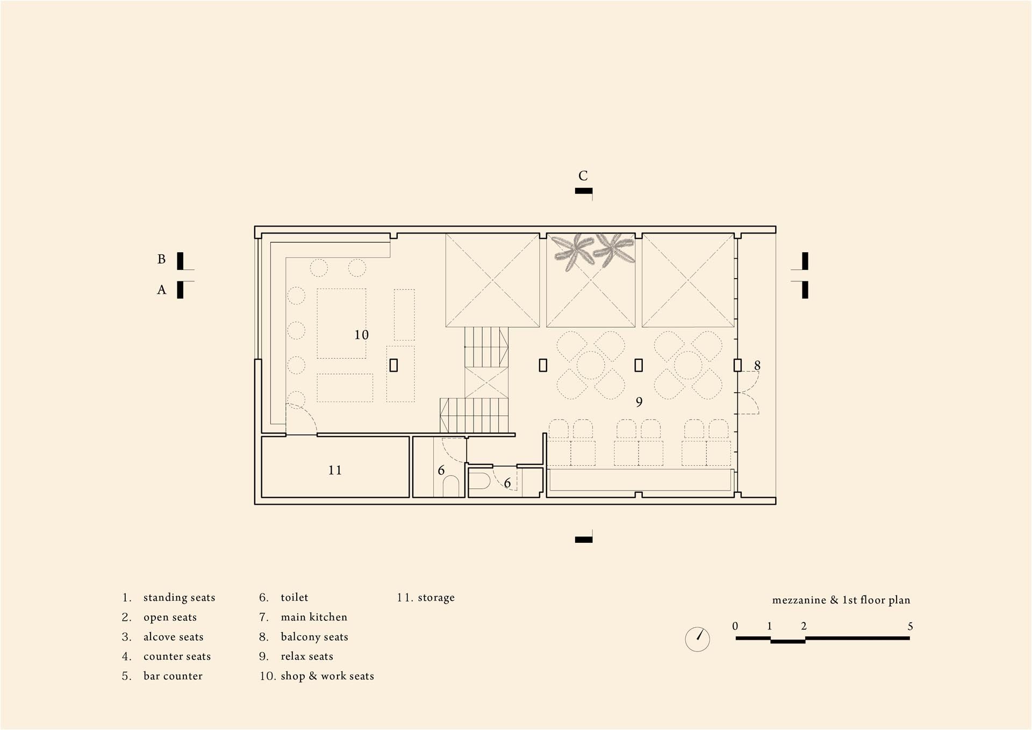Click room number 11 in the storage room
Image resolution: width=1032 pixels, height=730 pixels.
(x=335, y=470)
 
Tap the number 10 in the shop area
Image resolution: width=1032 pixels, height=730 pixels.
(x=361, y=335)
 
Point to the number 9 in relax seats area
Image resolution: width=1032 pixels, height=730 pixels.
(x=639, y=402)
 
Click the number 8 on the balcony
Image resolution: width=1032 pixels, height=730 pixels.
(x=757, y=365)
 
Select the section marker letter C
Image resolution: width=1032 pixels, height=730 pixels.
(x=583, y=175)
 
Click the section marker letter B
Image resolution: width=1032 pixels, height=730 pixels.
(x=161, y=259)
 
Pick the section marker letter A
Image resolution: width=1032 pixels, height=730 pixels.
(x=161, y=290)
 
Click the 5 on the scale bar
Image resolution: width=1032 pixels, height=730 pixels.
(x=910, y=626)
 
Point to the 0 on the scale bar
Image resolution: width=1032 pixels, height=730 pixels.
(x=735, y=626)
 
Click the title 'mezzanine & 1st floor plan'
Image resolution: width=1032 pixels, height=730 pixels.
(x=841, y=600)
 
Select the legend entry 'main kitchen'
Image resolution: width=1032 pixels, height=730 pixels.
(x=314, y=617)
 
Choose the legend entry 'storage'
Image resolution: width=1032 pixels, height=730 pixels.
(x=436, y=598)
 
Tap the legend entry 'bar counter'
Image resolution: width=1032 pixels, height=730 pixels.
(x=173, y=676)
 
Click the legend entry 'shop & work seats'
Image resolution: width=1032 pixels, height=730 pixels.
(x=327, y=676)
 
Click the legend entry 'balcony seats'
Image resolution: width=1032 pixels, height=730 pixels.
(x=314, y=637)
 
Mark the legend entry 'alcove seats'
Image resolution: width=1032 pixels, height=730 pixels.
(x=174, y=637)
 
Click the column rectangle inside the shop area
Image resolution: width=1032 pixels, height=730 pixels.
(x=393, y=365)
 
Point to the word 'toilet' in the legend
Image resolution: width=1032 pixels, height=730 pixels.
(x=295, y=597)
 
